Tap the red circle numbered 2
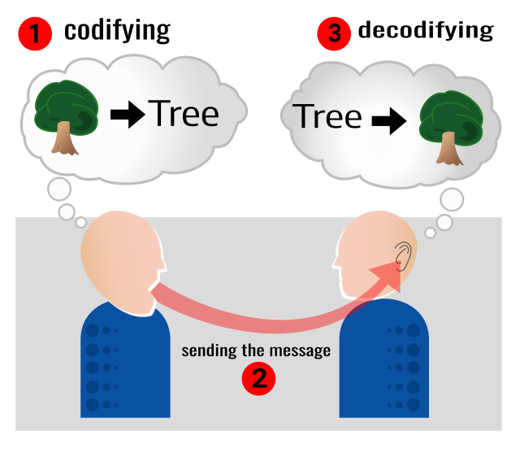(x=258, y=378)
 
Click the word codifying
(x=117, y=31)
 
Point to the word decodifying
(x=426, y=31)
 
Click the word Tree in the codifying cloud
(x=184, y=114)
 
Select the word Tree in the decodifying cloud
(x=327, y=116)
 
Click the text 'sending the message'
(x=256, y=351)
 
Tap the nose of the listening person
(x=335, y=262)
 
